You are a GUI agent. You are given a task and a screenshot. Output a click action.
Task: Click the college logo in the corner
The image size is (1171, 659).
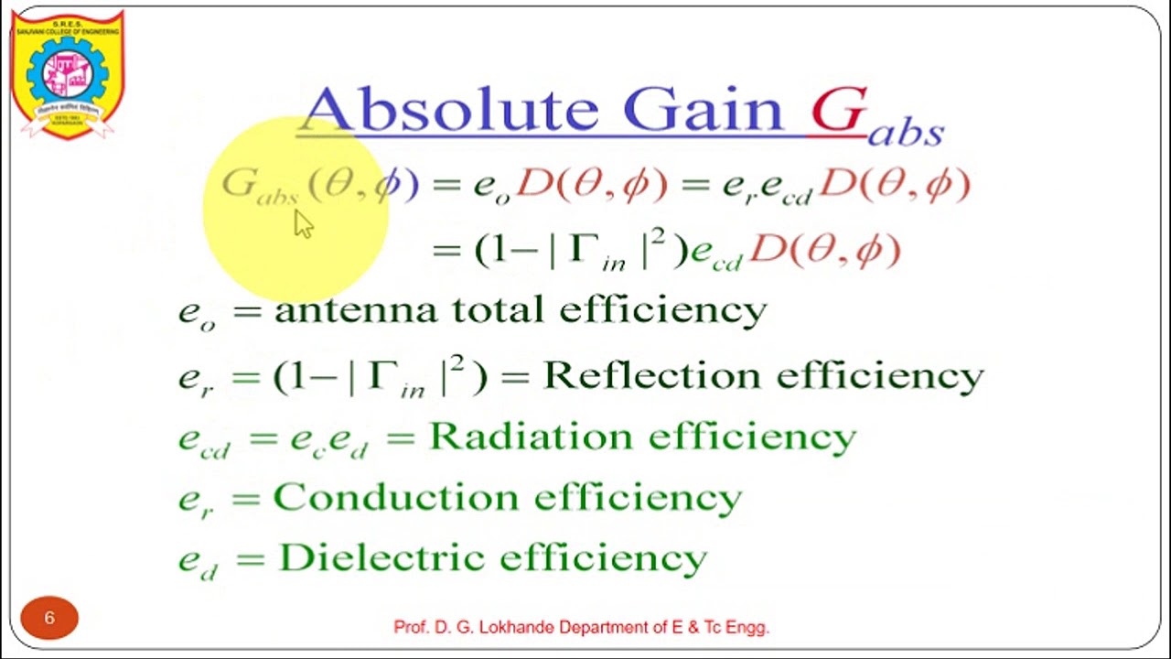pos(67,74)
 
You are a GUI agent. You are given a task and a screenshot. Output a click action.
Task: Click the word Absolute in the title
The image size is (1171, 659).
pos(448,110)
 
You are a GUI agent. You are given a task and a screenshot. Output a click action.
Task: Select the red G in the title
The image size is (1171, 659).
pos(837,111)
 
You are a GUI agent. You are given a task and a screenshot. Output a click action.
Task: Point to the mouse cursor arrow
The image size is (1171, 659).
pos(303,223)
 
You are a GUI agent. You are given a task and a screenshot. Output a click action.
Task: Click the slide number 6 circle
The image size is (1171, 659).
pos(49,618)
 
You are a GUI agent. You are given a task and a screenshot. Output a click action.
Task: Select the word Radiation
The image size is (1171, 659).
pos(529,437)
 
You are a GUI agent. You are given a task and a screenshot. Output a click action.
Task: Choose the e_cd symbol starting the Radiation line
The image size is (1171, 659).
pos(203,440)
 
